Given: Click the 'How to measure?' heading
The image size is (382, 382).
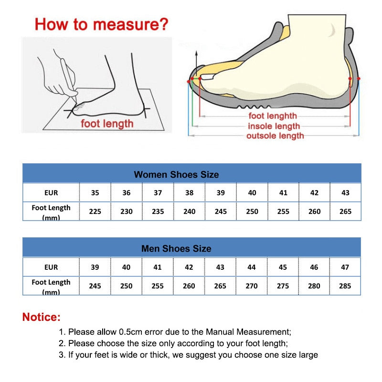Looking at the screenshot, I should (101, 24).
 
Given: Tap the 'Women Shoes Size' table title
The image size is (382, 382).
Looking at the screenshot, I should (176, 174).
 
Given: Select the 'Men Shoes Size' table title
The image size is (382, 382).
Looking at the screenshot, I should (176, 249).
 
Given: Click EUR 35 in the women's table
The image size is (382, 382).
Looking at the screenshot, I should (95, 193).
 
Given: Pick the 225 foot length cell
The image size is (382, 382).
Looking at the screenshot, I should (95, 211).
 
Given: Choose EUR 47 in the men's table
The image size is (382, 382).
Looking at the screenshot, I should (345, 267).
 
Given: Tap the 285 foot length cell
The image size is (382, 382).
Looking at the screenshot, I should (345, 286).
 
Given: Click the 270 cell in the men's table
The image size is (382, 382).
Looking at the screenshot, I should (252, 286).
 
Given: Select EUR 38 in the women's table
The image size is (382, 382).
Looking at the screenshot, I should (189, 193).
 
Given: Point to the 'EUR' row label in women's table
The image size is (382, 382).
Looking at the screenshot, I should (51, 193).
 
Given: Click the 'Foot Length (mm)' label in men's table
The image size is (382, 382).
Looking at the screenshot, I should (51, 286).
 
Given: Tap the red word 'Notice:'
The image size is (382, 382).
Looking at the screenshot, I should (42, 317).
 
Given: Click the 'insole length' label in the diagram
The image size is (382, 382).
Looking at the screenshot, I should (274, 126).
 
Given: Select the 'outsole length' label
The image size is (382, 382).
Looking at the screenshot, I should (275, 136).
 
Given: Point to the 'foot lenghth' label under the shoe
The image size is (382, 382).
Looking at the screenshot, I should (272, 116).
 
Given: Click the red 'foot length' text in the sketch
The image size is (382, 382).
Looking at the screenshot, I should (107, 124).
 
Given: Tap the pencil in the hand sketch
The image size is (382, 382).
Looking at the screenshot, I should (71, 79).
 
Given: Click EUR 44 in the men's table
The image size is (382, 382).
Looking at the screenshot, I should (252, 267).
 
